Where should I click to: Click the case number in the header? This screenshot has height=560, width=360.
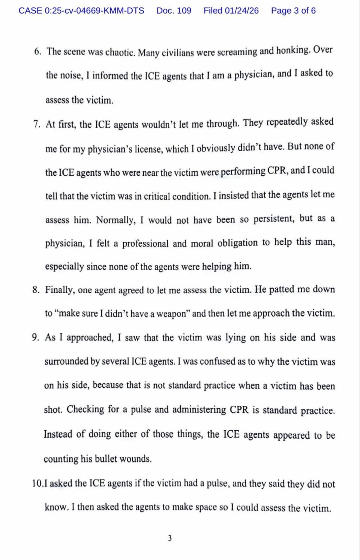coord(81,11)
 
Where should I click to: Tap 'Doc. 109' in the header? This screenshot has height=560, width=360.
coord(174,11)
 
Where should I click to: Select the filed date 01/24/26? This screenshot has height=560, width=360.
coord(242,11)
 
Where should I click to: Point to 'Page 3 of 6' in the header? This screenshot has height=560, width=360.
coord(293,11)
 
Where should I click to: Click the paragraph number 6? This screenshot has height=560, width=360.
coord(37,52)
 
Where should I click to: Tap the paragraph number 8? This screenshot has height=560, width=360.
coord(36,290)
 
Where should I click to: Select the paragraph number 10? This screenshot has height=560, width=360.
coord(37,483)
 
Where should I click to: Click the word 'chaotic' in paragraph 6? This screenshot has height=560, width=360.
coord(120,52)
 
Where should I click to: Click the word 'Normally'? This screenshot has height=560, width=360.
coord(116,220)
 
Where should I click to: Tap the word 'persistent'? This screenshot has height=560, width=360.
coord(274,219)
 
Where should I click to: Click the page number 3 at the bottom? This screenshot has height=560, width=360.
coord(170,538)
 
